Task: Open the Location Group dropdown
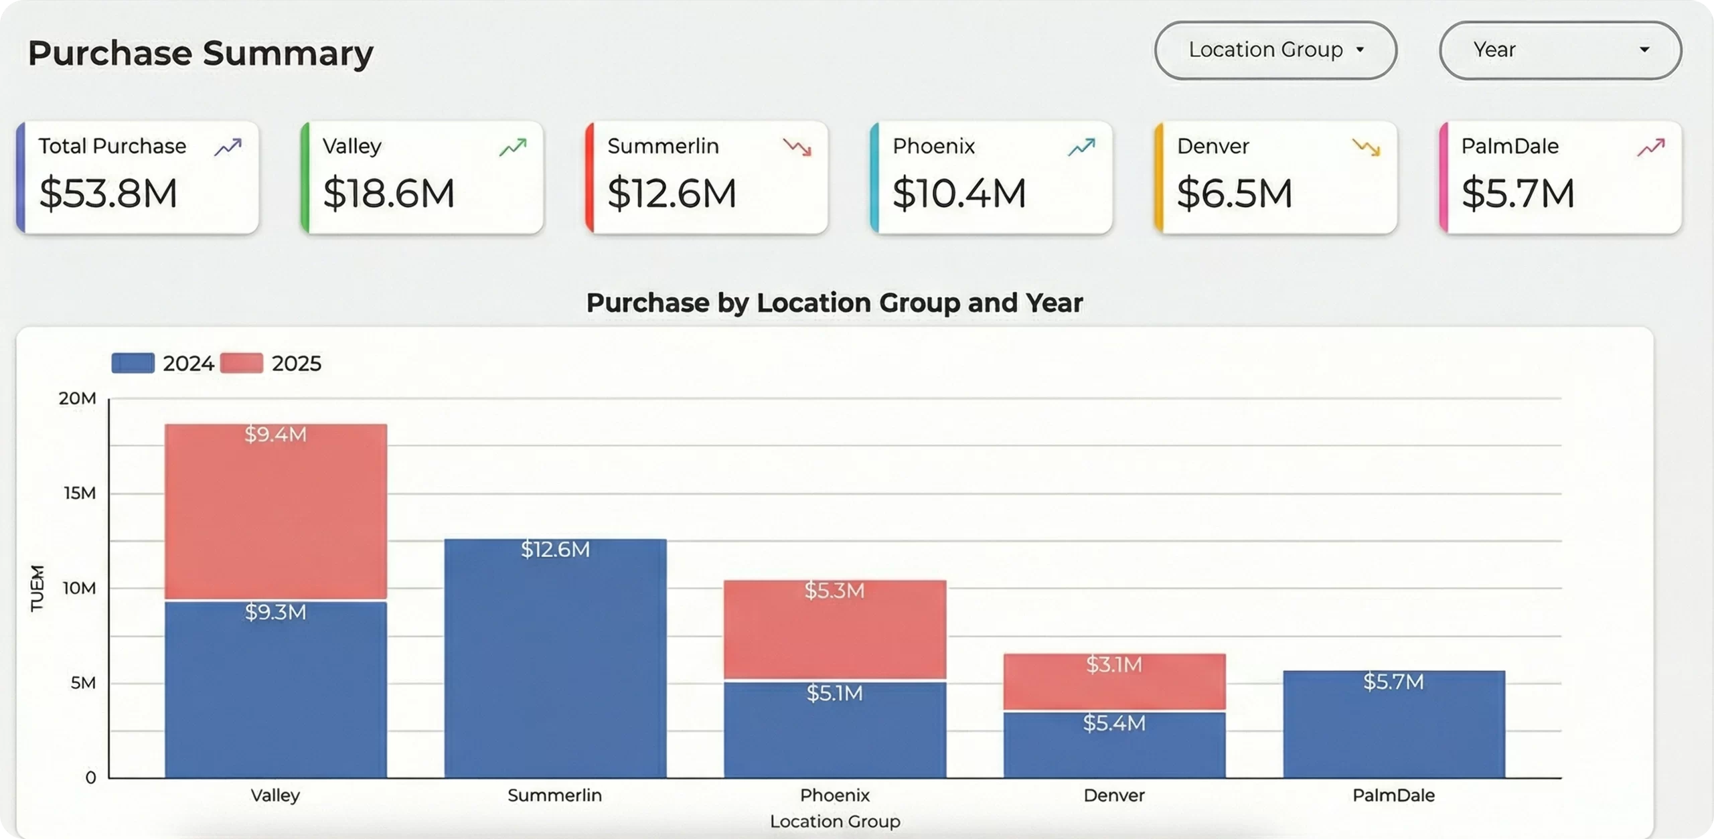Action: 1275,50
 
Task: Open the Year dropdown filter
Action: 1559,50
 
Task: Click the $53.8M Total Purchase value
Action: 108,194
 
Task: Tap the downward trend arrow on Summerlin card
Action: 797,147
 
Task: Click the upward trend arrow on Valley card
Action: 513,147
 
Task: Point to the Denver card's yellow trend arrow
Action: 1366,147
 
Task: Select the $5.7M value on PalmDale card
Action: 1517,194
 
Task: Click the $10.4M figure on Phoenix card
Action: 959,194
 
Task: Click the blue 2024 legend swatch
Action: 133,363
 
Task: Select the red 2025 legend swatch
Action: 241,363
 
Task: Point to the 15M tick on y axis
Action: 80,493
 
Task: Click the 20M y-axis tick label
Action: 77,398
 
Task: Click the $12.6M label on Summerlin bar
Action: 555,550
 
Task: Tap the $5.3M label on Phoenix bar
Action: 834,591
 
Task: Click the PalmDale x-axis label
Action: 1393,795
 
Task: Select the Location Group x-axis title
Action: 834,821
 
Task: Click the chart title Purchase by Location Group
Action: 834,303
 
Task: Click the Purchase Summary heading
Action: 200,53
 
